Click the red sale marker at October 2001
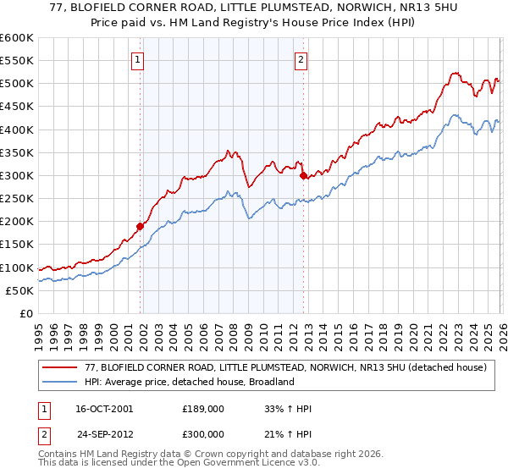pos(141,226)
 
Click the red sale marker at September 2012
pos(303,175)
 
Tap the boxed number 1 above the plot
pos(137,59)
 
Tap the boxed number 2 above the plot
pos(301,59)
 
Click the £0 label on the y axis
pos(27,314)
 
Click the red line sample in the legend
pos(60,368)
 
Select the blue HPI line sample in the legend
pos(60,383)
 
